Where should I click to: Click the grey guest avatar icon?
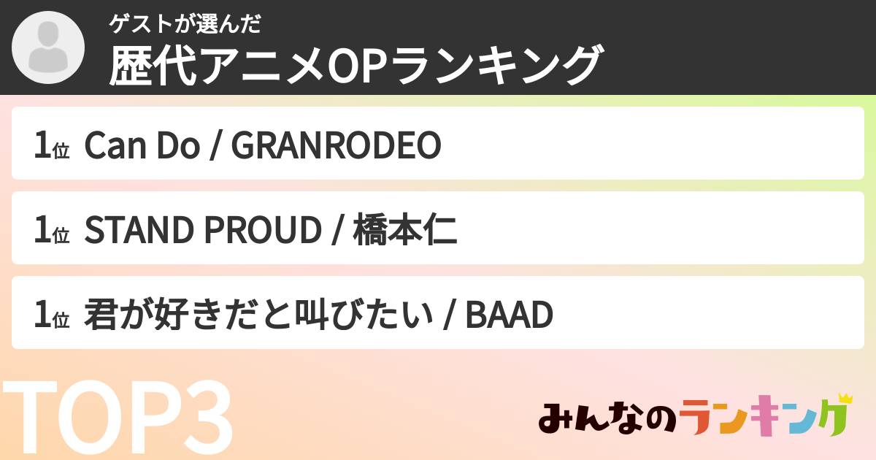click(x=48, y=48)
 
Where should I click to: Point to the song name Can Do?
click(x=142, y=147)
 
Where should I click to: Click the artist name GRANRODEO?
click(x=337, y=147)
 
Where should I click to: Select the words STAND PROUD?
click(x=203, y=231)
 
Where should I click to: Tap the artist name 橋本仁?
click(x=405, y=231)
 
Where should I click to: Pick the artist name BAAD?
click(x=509, y=316)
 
